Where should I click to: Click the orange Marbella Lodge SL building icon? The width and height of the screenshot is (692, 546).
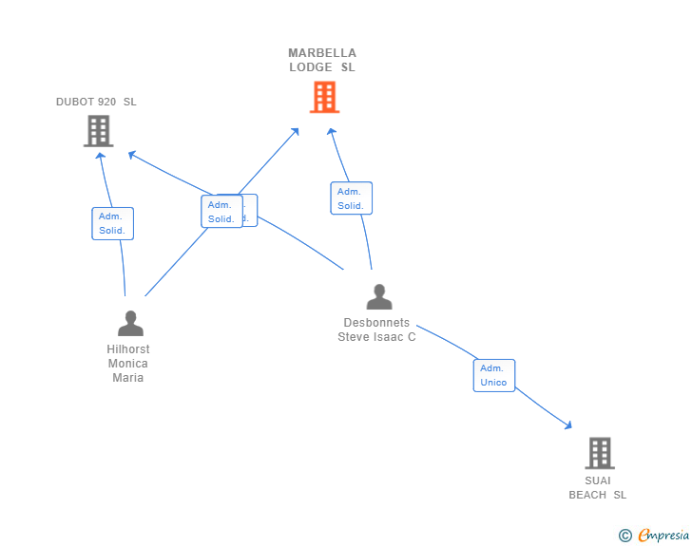point(324,97)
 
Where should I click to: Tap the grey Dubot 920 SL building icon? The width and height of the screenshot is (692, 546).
point(99,131)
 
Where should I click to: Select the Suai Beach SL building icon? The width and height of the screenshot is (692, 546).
point(599,453)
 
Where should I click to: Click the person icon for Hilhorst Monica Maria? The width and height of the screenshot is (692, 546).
point(130,324)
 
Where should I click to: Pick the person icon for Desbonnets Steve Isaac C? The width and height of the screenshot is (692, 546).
point(379,297)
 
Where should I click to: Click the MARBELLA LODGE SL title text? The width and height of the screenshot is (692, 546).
point(322,60)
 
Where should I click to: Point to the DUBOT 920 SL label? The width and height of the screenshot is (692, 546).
point(96,102)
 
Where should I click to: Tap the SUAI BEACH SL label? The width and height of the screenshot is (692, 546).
point(598,487)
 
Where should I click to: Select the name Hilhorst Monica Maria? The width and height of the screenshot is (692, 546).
point(127,364)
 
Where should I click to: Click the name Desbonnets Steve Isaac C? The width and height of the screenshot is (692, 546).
point(376,329)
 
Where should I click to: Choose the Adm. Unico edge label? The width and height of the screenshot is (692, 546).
point(493,375)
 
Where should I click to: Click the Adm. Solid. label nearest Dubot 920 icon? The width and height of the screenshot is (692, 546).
point(112,223)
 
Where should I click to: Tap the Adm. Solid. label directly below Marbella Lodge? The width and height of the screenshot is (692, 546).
point(351,198)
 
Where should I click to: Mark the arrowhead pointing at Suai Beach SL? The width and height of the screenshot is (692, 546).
point(567,425)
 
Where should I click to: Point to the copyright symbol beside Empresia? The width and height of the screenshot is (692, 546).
point(625,536)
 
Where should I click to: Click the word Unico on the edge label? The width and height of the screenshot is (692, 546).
point(493,383)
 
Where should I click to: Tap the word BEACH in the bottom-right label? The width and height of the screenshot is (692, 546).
point(587,495)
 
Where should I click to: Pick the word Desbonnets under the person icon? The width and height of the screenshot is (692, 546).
point(376,323)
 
